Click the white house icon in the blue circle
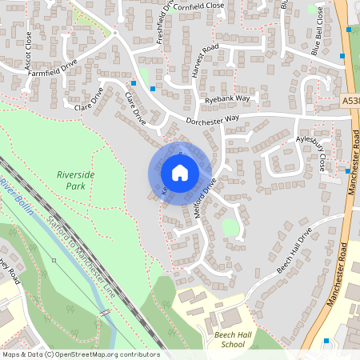(x=180, y=172)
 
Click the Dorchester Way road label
(x=213, y=120)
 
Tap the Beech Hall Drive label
(x=294, y=251)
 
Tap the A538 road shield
(x=350, y=102)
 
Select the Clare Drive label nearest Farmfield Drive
(x=89, y=102)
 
